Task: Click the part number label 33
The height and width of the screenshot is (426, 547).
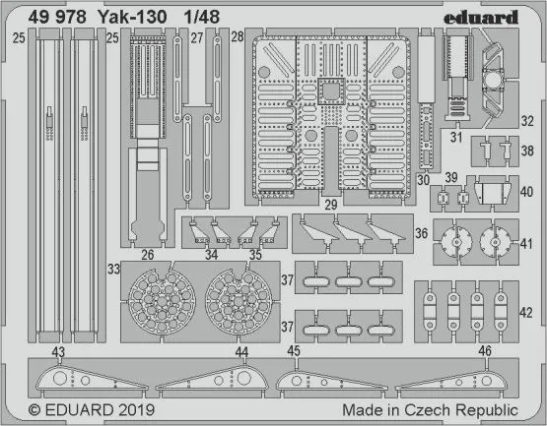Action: tap(114, 268)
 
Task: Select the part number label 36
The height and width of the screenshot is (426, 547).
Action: tap(421, 233)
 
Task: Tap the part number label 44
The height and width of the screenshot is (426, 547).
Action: tap(241, 352)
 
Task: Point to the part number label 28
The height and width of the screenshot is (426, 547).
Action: tap(237, 37)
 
